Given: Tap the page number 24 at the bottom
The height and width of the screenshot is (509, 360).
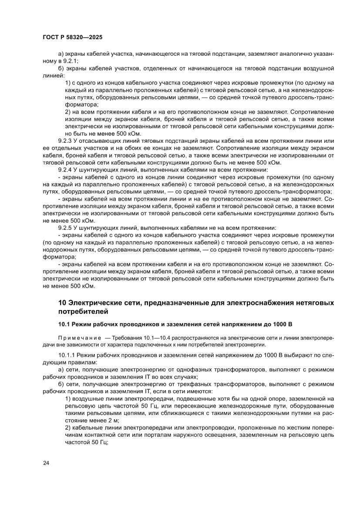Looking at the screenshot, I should point(46,463).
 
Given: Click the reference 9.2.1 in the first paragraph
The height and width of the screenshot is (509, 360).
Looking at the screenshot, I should point(70,61).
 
